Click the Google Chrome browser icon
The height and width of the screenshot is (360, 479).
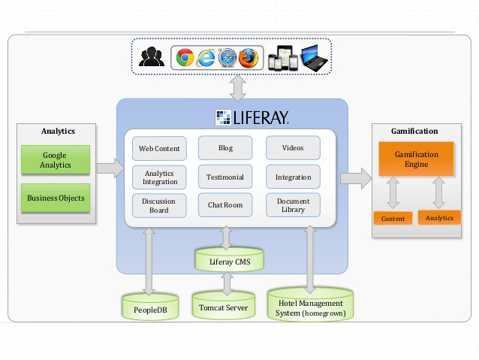click(x=185, y=57)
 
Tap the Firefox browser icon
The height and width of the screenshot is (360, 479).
click(x=249, y=57)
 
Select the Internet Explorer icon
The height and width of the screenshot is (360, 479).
click(x=206, y=57)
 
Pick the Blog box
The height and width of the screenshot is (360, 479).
click(x=225, y=148)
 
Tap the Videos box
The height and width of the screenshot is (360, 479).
click(x=293, y=148)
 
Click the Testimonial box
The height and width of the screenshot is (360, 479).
click(x=225, y=177)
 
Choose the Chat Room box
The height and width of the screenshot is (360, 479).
click(x=225, y=205)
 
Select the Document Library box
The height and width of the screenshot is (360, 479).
click(x=293, y=205)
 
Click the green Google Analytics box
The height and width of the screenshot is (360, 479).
click(x=55, y=160)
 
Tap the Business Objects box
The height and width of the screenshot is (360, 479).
click(x=55, y=198)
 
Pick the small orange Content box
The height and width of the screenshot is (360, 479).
click(x=393, y=219)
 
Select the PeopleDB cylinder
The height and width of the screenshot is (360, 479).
click(x=150, y=307)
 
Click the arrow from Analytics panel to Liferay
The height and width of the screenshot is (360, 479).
click(x=110, y=168)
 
